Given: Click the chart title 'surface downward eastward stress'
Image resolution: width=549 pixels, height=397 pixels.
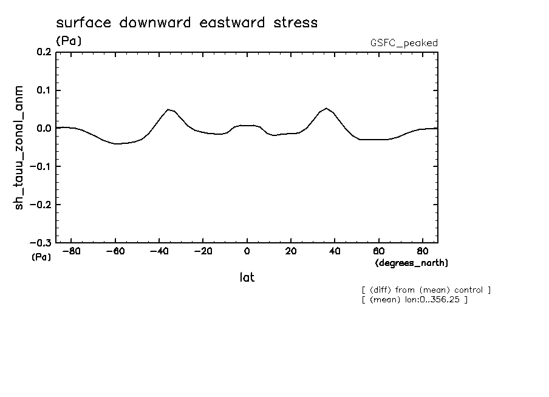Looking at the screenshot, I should click(x=186, y=23).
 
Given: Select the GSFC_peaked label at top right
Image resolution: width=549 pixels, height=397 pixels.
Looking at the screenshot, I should click(x=404, y=43).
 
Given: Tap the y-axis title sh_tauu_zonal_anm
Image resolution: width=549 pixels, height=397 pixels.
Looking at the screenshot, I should click(x=21, y=148).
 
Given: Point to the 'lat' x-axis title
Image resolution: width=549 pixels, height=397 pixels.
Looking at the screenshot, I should click(x=247, y=277).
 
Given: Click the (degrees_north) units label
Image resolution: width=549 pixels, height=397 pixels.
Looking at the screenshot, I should click(x=412, y=263).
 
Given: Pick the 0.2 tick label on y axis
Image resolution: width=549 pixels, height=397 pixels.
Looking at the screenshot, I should click(x=43, y=53).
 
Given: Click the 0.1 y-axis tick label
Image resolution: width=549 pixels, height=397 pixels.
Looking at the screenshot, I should click(x=43, y=90).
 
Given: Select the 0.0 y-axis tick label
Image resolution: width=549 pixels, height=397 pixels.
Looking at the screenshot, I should click(x=43, y=129).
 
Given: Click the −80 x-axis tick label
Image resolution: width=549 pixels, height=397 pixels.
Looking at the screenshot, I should click(x=71, y=251).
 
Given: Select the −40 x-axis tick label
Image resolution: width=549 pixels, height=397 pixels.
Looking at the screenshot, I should click(x=159, y=251).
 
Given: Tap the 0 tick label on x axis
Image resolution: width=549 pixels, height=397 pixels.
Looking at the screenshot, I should click(x=247, y=251).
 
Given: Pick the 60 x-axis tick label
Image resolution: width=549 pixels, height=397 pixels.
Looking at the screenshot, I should click(x=378, y=251).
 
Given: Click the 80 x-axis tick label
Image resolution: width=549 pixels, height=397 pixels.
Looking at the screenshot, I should click(x=422, y=251).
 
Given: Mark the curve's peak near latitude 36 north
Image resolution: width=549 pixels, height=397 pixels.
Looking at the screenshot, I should click(x=326, y=108).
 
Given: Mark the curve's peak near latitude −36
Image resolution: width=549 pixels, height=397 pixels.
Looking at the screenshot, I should click(x=168, y=109).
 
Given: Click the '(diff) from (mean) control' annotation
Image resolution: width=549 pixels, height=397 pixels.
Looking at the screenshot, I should click(x=426, y=290).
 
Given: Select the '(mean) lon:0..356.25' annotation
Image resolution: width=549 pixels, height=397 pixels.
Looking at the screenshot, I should click(x=414, y=299).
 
